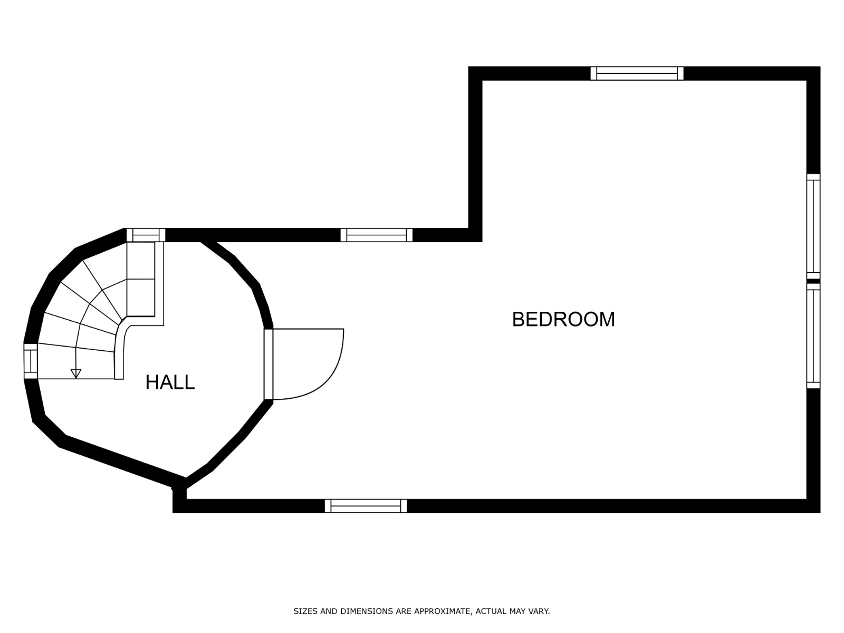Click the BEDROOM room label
563,319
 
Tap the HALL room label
170,382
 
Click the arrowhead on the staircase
76,373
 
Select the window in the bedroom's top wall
637,73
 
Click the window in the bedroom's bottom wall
366,506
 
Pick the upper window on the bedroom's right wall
813,226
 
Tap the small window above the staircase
146,235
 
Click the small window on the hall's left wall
31,361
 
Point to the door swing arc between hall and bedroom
331,377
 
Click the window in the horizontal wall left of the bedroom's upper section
377,235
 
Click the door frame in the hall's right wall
268,365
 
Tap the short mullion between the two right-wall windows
813,281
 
